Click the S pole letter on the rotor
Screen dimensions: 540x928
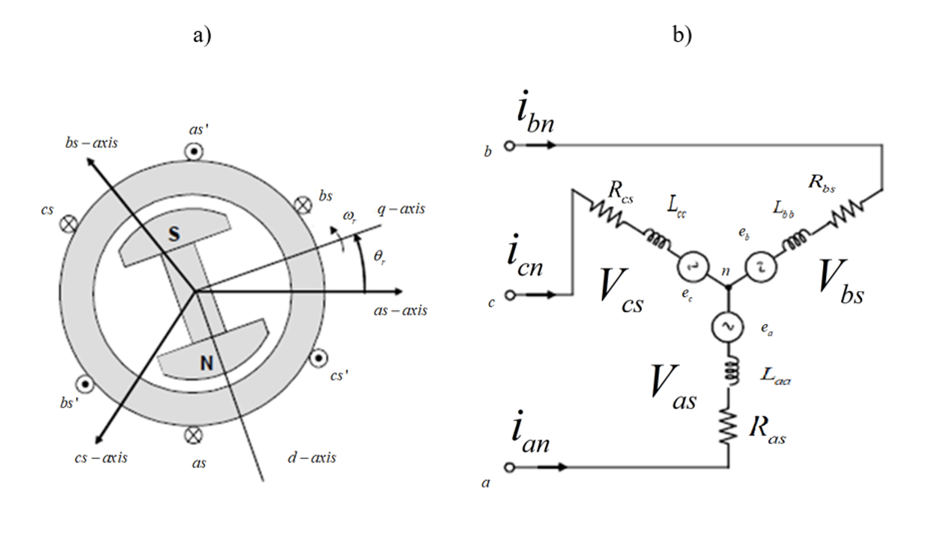(174, 234)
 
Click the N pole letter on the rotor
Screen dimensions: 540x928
(207, 363)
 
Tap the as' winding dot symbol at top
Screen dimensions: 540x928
(194, 152)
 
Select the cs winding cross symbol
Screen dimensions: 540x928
(69, 224)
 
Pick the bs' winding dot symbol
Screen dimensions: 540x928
(86, 384)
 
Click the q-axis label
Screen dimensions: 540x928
(401, 209)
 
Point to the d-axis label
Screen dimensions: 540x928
(312, 458)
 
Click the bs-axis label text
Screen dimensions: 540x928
(91, 143)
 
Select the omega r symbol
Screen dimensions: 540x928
(350, 216)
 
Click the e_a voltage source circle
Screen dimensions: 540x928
(728, 327)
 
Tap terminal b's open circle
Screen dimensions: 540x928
(509, 145)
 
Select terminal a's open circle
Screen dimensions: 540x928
(509, 468)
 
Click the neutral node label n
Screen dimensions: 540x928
(725, 271)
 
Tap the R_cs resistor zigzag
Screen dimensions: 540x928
(605, 213)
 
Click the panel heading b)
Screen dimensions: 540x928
(682, 35)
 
